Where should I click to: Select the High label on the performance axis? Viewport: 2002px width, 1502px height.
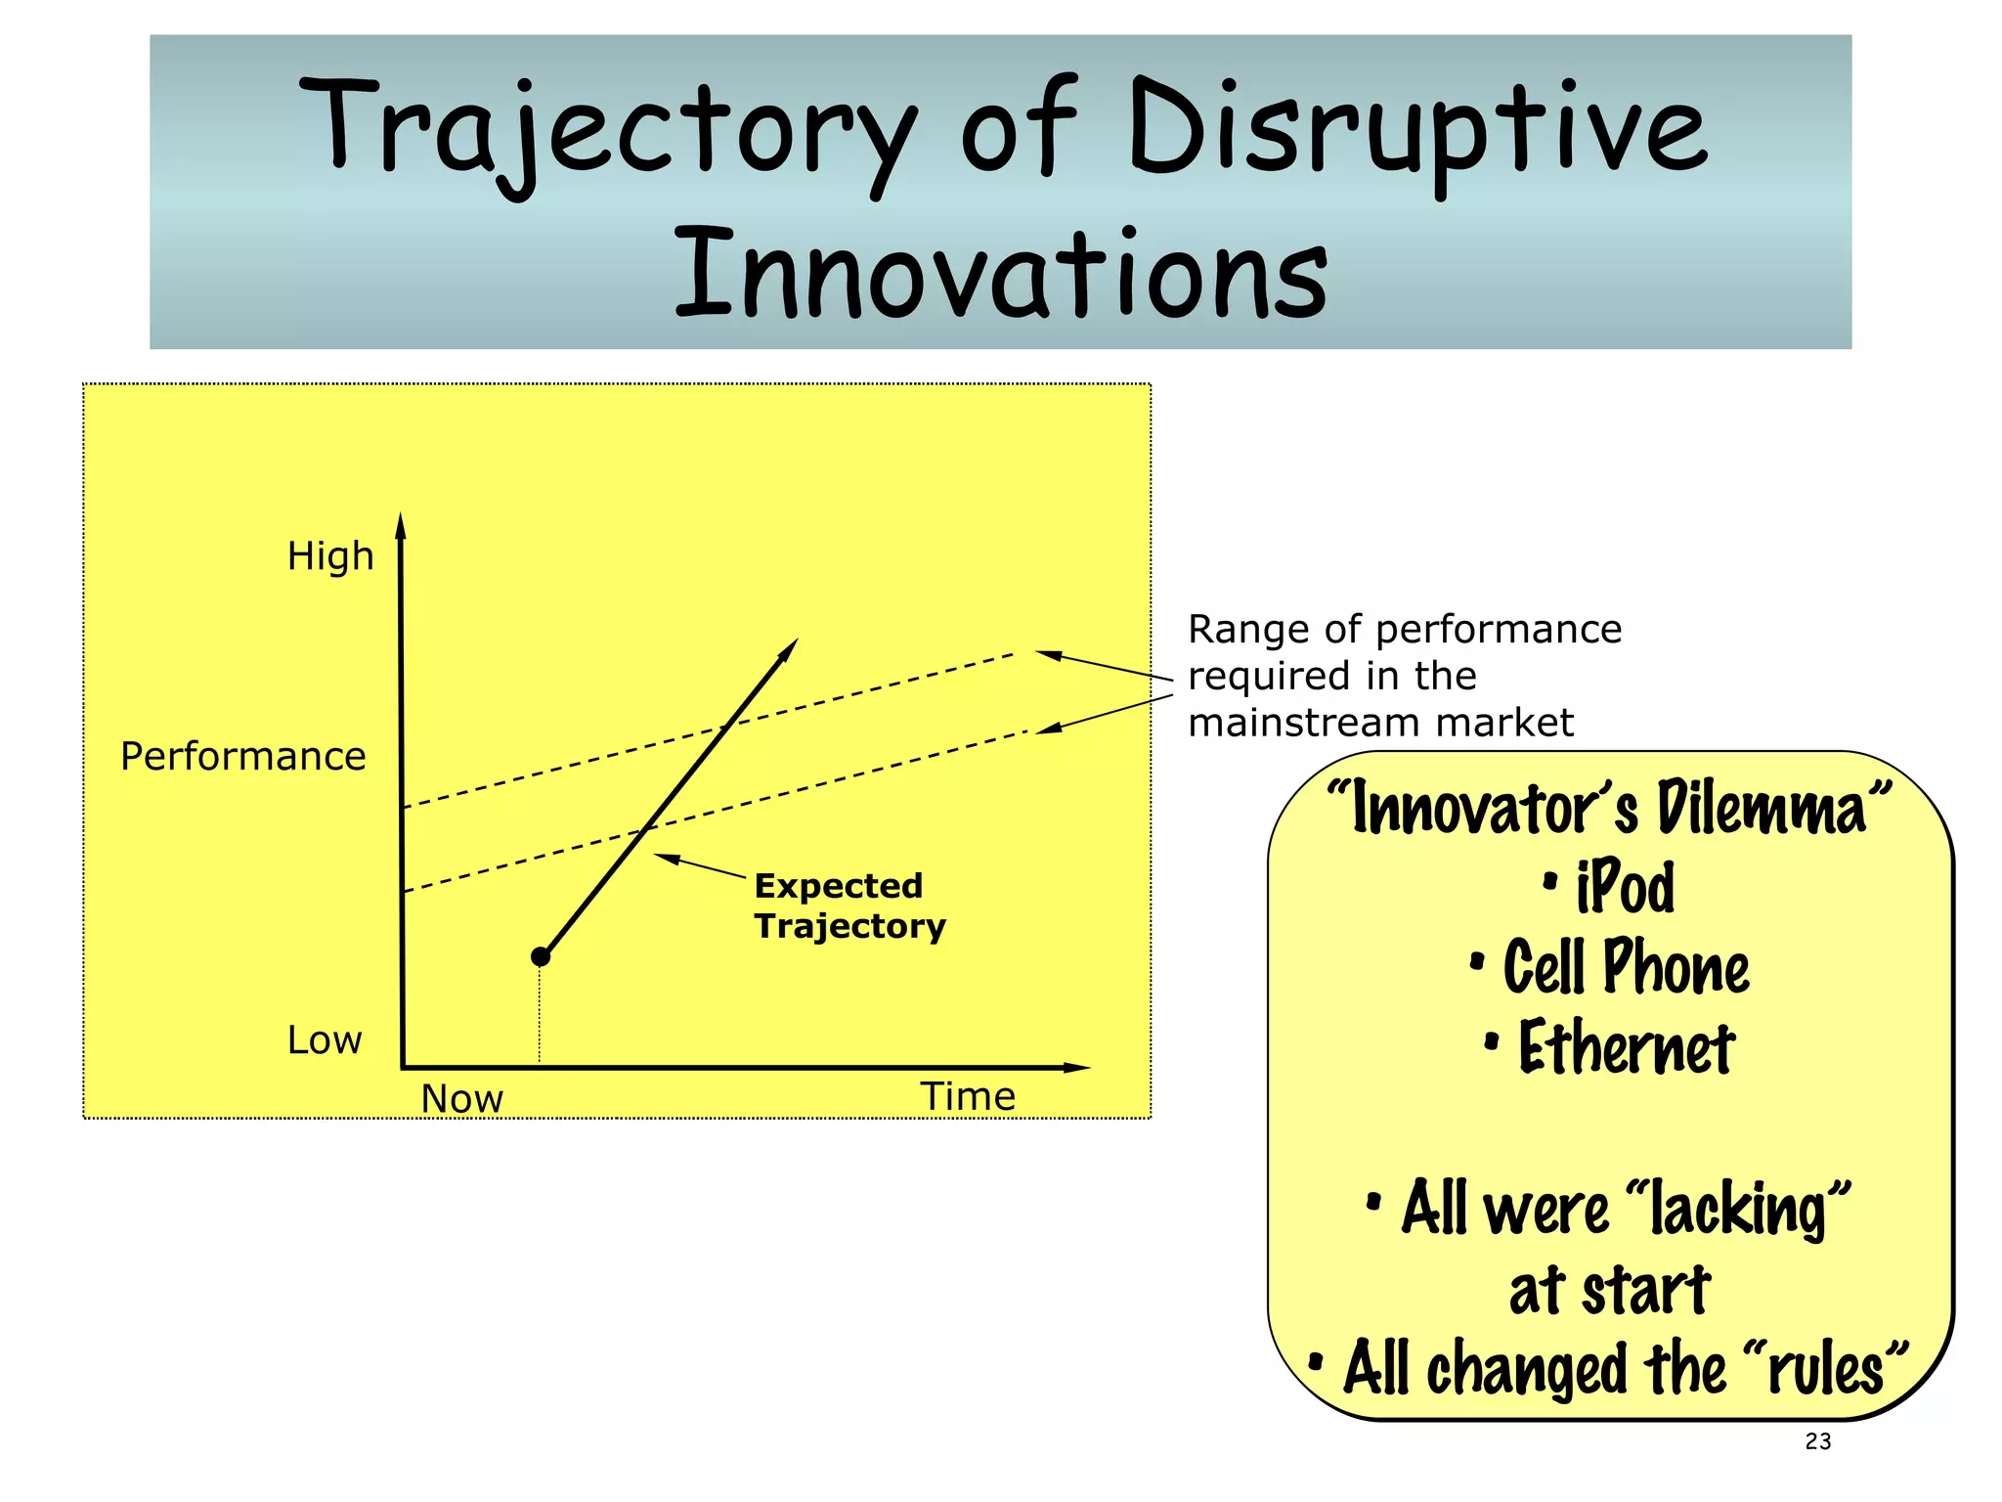[x=330, y=556]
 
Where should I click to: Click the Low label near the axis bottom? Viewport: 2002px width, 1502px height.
[x=325, y=1039]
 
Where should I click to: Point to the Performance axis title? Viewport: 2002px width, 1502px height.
[x=242, y=756]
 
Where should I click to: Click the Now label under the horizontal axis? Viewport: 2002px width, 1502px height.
[x=461, y=1098]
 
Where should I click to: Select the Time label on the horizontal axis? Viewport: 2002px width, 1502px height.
[x=968, y=1096]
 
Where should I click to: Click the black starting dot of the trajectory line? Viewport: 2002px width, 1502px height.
[x=541, y=956]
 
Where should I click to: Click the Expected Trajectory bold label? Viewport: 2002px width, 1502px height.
[x=849, y=906]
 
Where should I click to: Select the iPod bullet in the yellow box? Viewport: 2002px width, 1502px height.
[x=1624, y=887]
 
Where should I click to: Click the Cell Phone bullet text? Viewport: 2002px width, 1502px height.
[x=1625, y=967]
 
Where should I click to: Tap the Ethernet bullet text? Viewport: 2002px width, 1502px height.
[x=1625, y=1047]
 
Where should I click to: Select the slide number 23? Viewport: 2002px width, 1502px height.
[x=1818, y=1441]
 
